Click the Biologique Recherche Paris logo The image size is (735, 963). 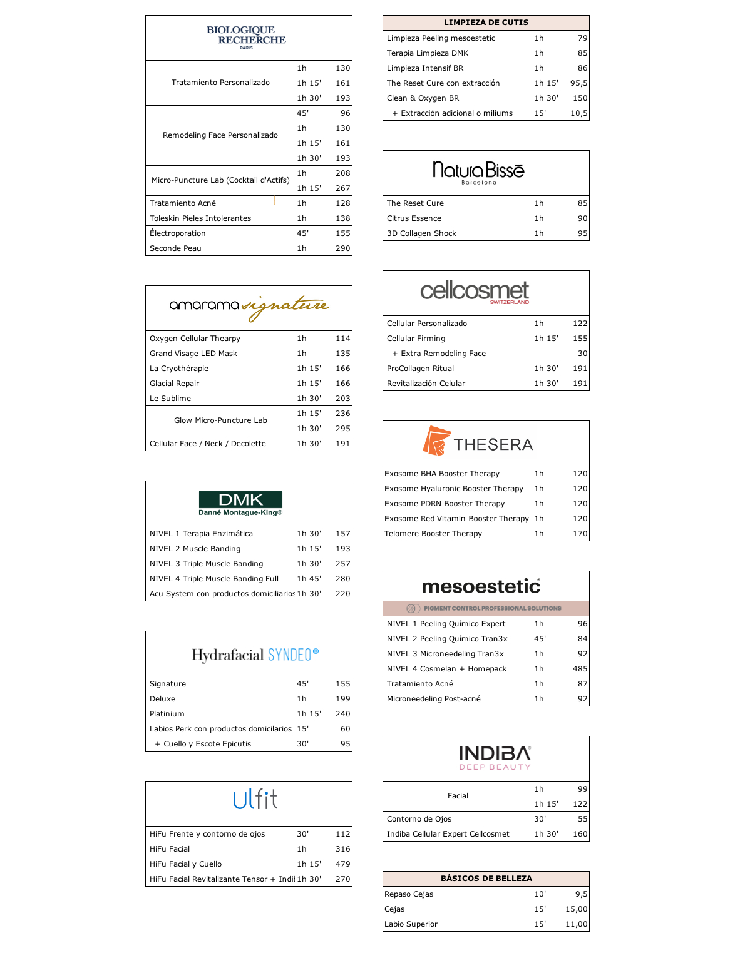point(246,38)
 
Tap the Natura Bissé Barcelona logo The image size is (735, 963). point(479,172)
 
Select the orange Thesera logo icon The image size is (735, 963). point(436,441)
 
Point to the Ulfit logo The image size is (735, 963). point(255,799)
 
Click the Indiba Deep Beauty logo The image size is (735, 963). point(495,757)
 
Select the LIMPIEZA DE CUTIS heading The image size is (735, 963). point(486,23)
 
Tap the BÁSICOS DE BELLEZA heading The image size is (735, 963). point(486,879)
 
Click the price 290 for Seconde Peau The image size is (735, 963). point(342,248)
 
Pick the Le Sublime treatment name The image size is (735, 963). point(170,399)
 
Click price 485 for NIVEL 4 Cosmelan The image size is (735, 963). point(580,669)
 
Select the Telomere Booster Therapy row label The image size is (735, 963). point(433,534)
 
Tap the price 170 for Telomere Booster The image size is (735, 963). point(580,534)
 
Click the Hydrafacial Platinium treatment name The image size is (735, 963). point(167,714)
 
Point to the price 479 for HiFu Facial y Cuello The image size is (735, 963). point(342,864)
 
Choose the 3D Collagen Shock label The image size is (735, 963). point(421,233)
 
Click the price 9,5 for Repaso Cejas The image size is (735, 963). point(581,894)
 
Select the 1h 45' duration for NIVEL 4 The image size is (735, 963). point(309,579)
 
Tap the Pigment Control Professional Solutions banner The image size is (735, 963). point(486,608)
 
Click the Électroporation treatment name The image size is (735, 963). point(178,233)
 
